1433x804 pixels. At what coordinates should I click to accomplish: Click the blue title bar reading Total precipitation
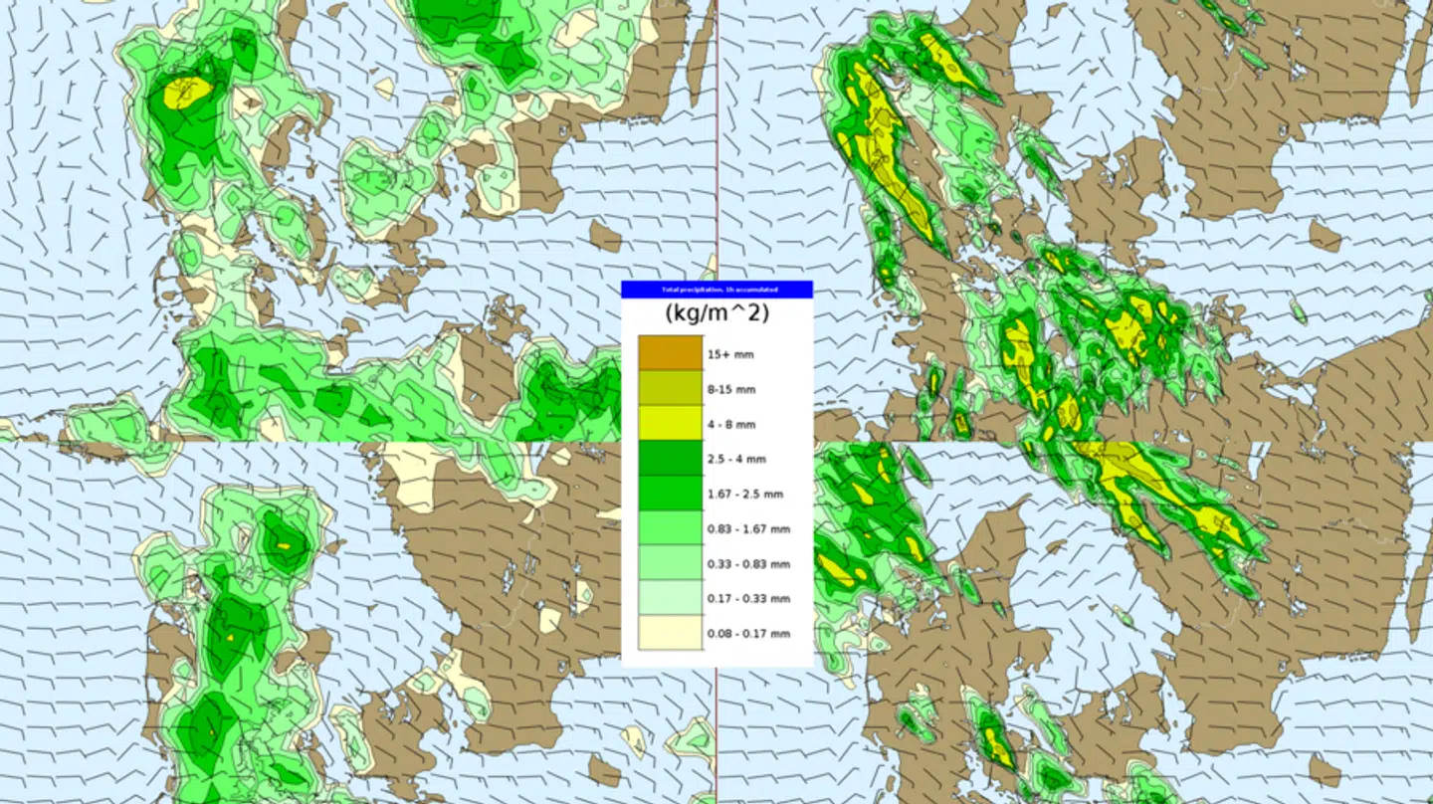716,290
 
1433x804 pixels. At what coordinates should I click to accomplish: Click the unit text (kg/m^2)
716,313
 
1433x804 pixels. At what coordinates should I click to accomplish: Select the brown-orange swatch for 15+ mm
670,353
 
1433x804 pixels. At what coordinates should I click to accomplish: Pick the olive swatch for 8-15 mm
670,388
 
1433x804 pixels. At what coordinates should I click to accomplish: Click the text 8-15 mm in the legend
731,389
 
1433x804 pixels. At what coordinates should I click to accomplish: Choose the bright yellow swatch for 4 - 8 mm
670,423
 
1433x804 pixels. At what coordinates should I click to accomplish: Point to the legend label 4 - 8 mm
731,425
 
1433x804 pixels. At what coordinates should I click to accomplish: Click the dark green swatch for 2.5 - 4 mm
670,458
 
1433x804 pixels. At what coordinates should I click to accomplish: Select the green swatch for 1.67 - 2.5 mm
670,493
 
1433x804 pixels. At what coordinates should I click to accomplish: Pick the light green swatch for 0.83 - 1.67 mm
670,527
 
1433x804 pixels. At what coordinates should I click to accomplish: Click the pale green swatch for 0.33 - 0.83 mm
670,562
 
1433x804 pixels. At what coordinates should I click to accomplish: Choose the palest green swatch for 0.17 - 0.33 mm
670,597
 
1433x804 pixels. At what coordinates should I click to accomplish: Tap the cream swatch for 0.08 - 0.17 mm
670,632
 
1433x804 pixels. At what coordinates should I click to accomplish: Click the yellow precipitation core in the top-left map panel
187,93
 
